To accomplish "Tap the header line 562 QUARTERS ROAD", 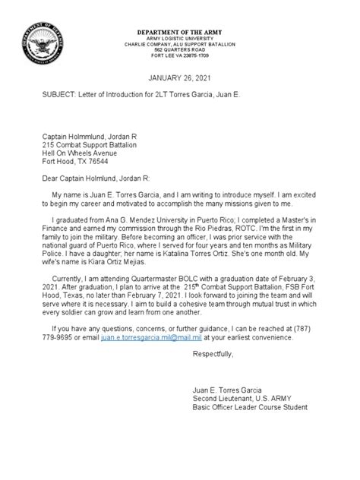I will tap(180, 50).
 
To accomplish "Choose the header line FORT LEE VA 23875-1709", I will tap(180, 56).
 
